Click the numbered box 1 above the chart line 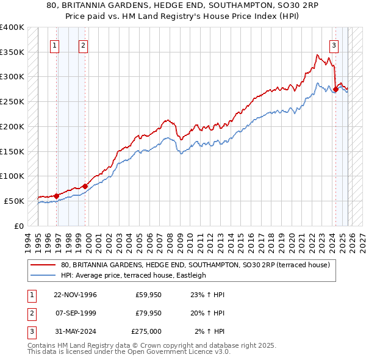coord(55,45)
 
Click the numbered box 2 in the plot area coord(83,45)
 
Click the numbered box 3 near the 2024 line coord(334,45)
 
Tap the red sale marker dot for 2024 coord(335,89)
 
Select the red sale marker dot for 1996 coord(56,196)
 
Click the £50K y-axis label coord(13,201)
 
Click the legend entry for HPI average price coord(134,275)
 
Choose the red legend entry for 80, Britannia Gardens coord(195,265)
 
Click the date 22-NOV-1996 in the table coord(75,295)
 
